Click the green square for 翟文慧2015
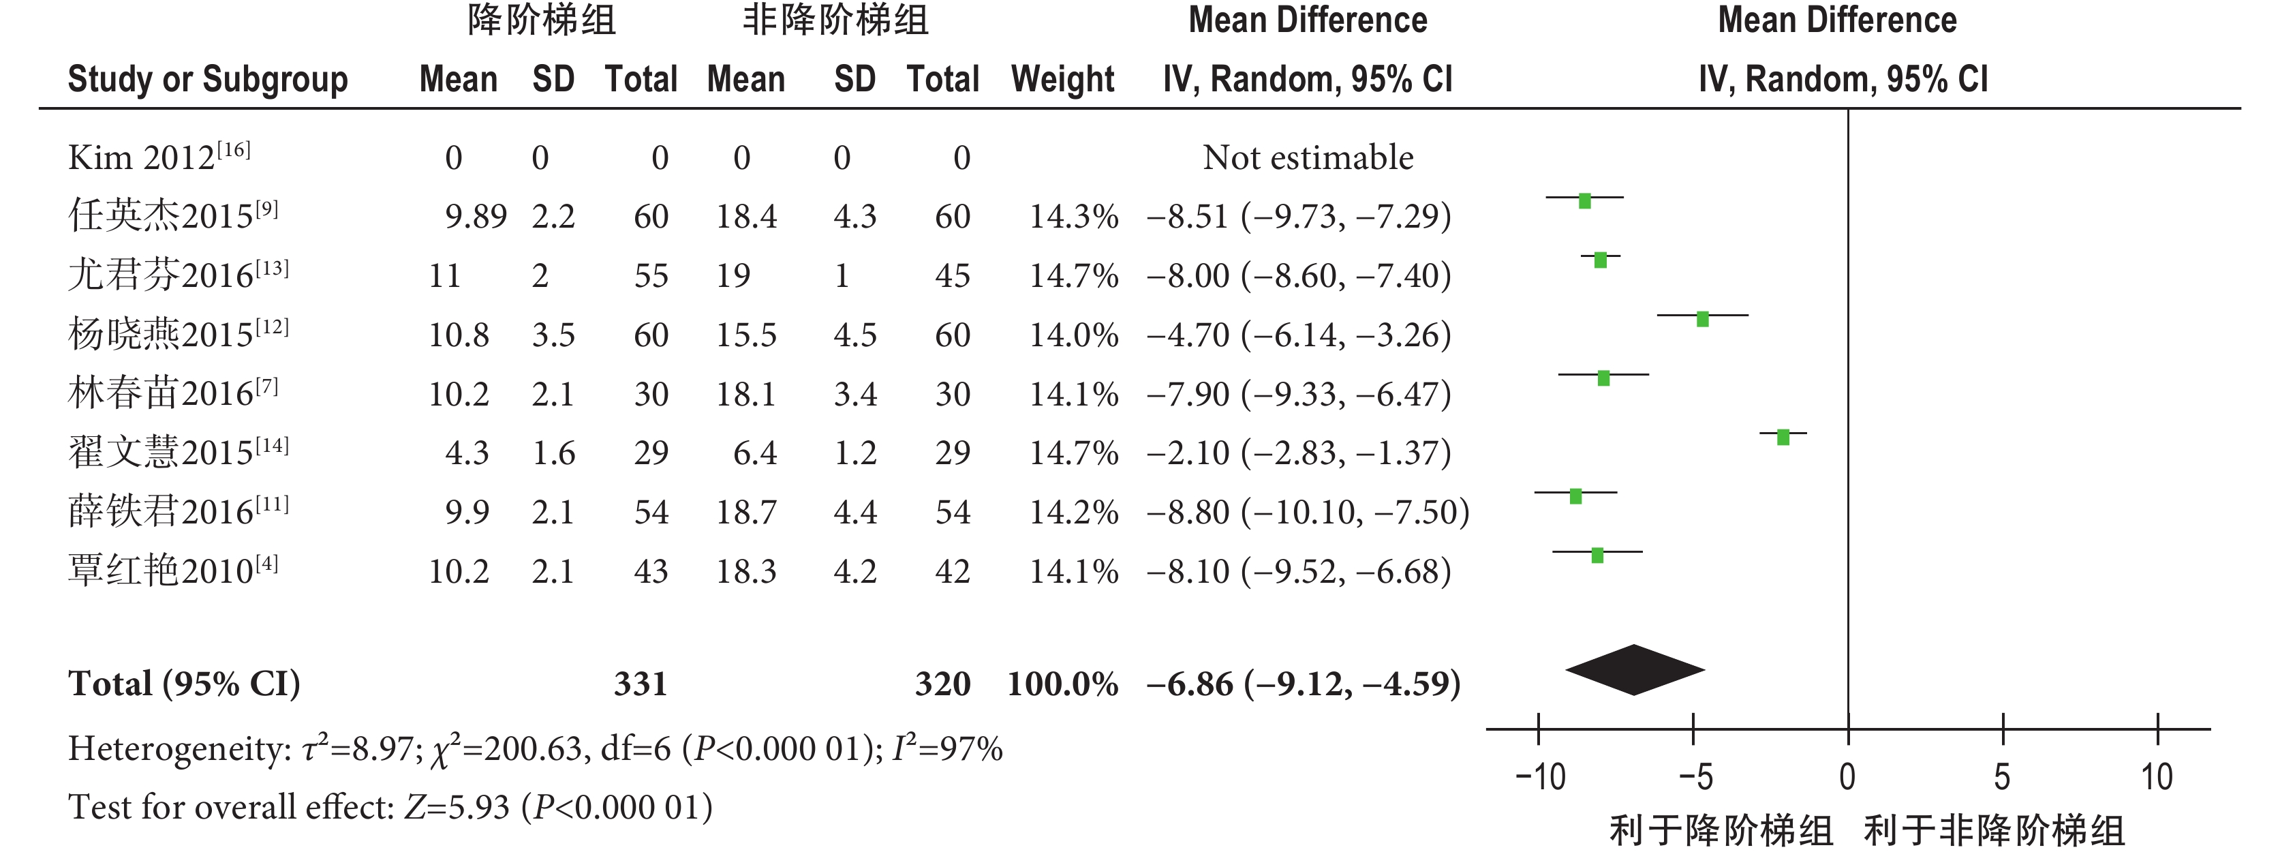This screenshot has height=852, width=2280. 1783,437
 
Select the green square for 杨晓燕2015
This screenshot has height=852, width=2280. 1702,319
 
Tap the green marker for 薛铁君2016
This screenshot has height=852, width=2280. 1575,496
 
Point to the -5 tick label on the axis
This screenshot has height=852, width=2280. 1694,778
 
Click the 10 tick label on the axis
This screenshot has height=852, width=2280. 2157,778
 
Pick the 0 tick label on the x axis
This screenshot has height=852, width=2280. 1847,778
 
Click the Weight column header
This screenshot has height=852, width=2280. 1062,80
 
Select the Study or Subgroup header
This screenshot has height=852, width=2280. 208,80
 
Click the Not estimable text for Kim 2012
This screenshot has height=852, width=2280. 1307,157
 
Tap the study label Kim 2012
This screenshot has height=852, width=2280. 159,157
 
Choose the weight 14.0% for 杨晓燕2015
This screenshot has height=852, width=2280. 1073,335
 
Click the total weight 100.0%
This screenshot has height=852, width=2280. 1062,684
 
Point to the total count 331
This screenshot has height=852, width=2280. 640,684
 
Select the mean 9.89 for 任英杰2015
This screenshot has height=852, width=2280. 476,216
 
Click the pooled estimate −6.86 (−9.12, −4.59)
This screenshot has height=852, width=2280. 1303,684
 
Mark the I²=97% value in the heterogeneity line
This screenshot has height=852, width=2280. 947,749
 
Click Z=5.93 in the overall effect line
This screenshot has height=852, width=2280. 457,808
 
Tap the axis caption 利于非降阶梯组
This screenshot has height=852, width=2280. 1994,831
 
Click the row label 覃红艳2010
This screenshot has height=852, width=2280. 172,570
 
